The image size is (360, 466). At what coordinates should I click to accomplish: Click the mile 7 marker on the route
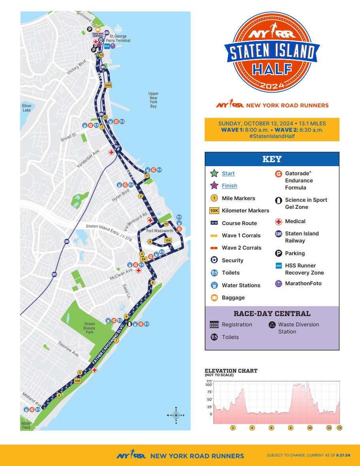point(116,341)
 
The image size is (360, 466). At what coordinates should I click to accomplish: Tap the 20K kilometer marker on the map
point(108,85)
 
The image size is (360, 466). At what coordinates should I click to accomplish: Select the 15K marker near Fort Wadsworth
point(168,240)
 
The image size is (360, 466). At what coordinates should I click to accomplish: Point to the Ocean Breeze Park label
point(89,328)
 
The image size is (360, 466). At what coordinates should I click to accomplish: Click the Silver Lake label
point(26,108)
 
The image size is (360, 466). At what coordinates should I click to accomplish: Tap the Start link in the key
point(228,173)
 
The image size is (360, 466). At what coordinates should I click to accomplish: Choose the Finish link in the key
point(229,186)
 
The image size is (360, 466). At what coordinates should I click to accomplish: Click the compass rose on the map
point(176,415)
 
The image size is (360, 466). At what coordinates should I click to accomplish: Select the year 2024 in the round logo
point(272,85)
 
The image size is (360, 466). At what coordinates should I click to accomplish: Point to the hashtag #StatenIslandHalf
point(272,136)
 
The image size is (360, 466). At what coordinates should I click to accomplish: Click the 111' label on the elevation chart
point(209,381)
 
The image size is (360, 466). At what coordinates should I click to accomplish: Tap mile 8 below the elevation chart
point(290,428)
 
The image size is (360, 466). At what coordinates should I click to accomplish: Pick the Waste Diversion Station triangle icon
point(272,325)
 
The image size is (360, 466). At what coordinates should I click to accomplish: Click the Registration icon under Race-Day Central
point(214,325)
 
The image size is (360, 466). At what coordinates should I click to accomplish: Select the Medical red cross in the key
point(278,222)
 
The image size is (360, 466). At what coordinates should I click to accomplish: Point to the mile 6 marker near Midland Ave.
point(59,395)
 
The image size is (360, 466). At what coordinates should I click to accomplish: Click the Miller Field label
point(26,426)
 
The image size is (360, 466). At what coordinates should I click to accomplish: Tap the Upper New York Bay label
point(153,100)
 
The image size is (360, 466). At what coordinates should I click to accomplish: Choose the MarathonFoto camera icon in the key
point(278,283)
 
